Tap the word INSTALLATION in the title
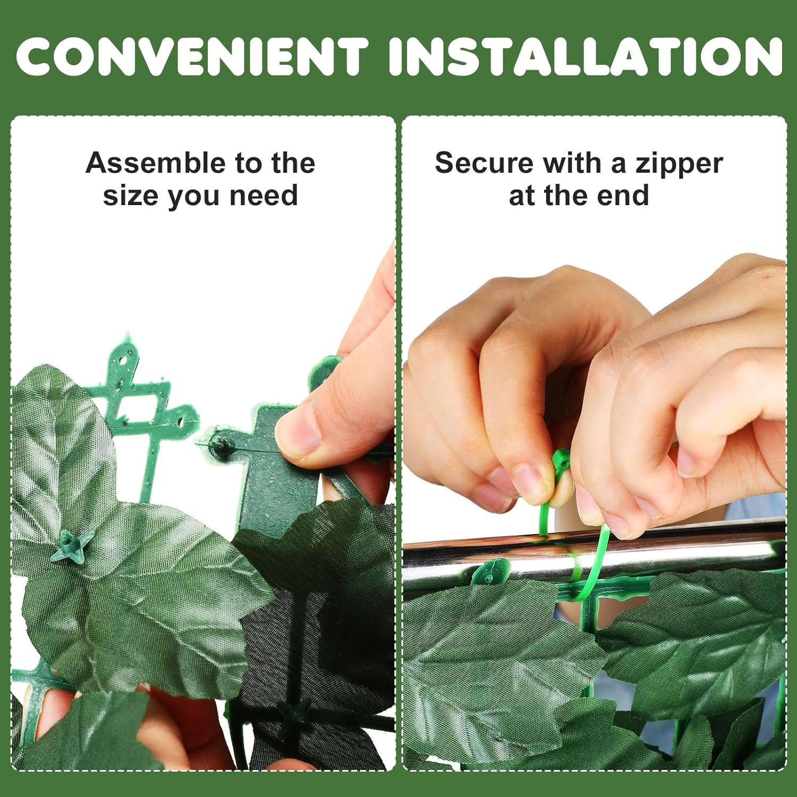[586, 56]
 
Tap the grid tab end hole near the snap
[181, 421]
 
